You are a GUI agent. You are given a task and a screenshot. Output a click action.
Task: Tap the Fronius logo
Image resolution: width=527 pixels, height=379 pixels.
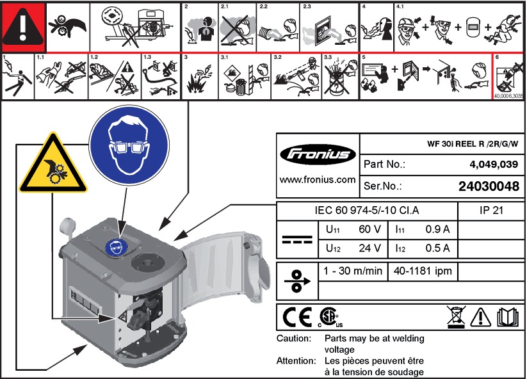(318, 154)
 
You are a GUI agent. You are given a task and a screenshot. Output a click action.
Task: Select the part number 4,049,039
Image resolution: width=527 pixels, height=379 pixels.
(494, 165)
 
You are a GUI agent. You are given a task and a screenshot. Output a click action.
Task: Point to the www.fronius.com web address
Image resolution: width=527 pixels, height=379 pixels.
(318, 180)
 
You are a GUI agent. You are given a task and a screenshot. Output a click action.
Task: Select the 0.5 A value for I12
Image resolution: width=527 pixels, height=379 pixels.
(437, 248)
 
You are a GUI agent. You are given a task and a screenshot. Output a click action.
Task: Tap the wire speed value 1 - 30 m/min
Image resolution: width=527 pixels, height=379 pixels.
(352, 271)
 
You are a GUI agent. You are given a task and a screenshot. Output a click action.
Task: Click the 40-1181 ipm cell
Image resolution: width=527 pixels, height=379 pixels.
(423, 271)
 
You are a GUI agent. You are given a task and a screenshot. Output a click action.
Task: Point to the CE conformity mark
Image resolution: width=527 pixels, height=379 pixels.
(297, 316)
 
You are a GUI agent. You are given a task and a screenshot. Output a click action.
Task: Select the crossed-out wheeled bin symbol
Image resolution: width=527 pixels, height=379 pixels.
(455, 316)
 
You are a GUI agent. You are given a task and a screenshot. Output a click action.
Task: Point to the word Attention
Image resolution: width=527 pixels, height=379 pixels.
(295, 361)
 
